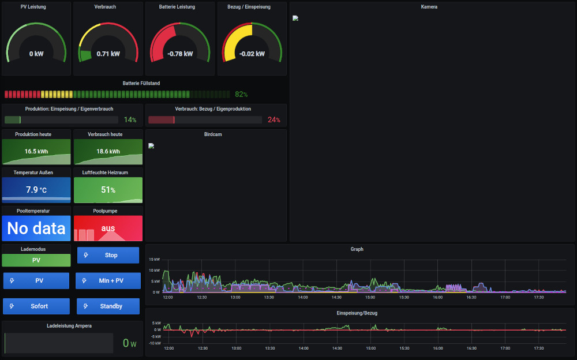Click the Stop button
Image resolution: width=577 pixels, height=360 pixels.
pyautogui.click(x=108, y=255)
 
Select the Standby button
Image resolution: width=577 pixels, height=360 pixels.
pyautogui.click(x=108, y=306)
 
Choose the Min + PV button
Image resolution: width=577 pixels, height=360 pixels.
pyautogui.click(x=108, y=281)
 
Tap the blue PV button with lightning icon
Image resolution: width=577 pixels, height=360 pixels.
pyautogui.click(x=36, y=281)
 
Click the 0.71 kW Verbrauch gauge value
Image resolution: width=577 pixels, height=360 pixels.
pyautogui.click(x=108, y=54)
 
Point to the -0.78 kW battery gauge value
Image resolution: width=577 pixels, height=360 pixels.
pyautogui.click(x=180, y=54)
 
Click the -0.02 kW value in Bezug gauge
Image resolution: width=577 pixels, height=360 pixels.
pyautogui.click(x=252, y=54)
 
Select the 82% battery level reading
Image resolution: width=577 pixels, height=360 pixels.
pyautogui.click(x=241, y=94)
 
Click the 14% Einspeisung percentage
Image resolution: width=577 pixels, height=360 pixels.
pyautogui.click(x=130, y=120)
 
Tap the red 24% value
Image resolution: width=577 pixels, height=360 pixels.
pyautogui.click(x=273, y=120)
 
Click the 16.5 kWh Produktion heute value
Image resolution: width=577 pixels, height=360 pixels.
pyautogui.click(x=36, y=151)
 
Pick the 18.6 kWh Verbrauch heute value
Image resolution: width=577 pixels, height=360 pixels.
pyautogui.click(x=108, y=151)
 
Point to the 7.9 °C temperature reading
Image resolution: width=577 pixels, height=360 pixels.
pyautogui.click(x=36, y=190)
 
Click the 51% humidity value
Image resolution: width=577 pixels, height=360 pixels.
pyautogui.click(x=108, y=190)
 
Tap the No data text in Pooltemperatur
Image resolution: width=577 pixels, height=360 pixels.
pyautogui.click(x=36, y=228)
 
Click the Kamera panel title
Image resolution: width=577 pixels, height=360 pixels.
pyautogui.click(x=429, y=7)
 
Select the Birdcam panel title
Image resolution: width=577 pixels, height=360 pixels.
pyautogui.click(x=213, y=134)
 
